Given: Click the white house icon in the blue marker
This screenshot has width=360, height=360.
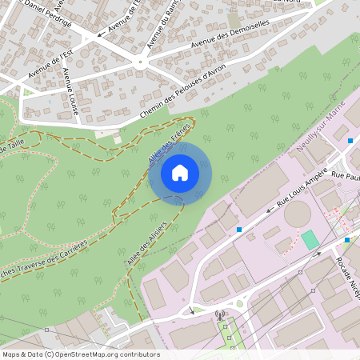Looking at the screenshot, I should click(x=180, y=172).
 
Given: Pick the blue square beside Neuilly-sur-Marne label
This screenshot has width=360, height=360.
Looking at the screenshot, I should click(x=350, y=141).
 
